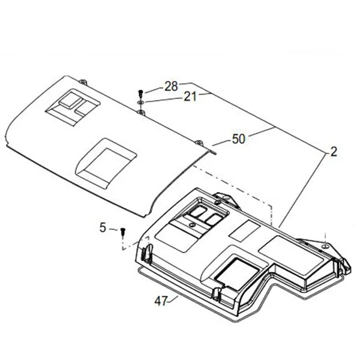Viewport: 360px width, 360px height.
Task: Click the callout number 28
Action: tap(171, 86)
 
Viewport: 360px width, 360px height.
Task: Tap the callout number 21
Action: tap(190, 97)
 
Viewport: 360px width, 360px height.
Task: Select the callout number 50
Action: tap(239, 139)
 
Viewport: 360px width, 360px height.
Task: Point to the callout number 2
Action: tap(334, 152)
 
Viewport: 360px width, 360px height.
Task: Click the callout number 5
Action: tap(103, 228)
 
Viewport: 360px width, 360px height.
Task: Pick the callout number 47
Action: tap(161, 301)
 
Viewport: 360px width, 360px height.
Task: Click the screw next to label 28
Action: tap(141, 94)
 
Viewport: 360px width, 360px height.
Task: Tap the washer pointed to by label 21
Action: tap(141, 102)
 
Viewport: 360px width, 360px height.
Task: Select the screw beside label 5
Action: tap(122, 231)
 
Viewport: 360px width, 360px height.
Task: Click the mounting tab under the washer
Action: tap(141, 113)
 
